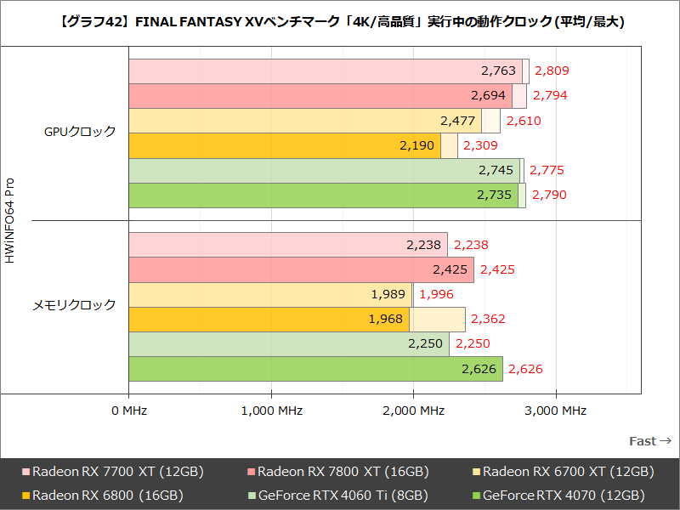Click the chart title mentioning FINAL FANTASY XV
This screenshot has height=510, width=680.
point(340,23)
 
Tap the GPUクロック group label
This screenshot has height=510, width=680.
point(80,132)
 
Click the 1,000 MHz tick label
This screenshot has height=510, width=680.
point(271,411)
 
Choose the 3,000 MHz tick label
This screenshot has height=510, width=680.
point(556,411)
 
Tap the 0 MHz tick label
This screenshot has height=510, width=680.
point(129,411)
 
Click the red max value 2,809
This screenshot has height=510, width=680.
point(551,71)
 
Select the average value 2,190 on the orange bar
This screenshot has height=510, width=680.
point(416,146)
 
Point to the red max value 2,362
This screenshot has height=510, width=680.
point(488,320)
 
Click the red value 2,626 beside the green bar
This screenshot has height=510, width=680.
point(525,369)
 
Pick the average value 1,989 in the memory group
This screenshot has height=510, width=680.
point(388,294)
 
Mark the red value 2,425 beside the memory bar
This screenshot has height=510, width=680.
point(497,269)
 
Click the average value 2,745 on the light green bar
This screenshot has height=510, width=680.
point(496,171)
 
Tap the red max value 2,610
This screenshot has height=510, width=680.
point(524,121)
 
